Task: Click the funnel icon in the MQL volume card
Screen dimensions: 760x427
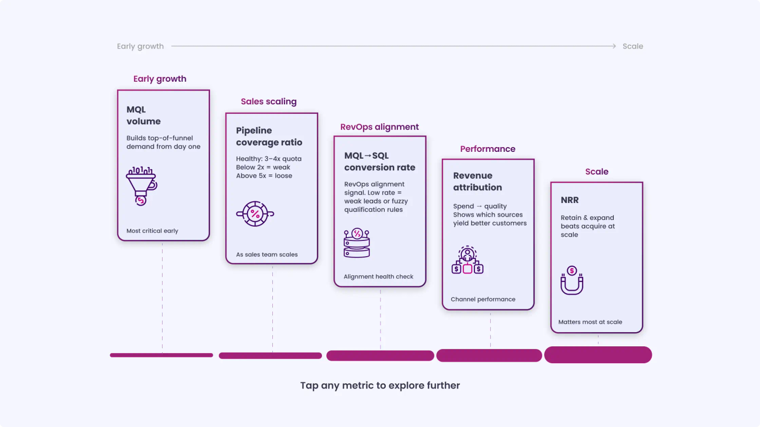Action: [141, 186]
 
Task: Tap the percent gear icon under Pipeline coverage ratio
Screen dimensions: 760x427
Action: [255, 214]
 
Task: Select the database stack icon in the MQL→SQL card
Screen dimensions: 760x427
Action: [357, 242]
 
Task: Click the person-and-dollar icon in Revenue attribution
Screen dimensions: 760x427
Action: [468, 260]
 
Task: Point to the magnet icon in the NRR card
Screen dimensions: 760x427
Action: [572, 280]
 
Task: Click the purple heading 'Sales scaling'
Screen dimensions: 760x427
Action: [269, 101]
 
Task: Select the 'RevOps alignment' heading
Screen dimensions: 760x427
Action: [379, 127]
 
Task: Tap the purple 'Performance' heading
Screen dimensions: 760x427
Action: [488, 149]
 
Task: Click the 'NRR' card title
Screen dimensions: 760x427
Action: [569, 200]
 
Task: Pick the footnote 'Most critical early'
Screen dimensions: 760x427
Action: [153, 231]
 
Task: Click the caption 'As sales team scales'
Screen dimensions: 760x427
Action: [267, 255]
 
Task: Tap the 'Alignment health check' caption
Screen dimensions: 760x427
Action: [378, 277]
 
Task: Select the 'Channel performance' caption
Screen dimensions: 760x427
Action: [483, 299]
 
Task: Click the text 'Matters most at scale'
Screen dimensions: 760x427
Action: [590, 322]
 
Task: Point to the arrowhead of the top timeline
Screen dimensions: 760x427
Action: [615, 46]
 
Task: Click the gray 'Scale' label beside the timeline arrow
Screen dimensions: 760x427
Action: [633, 46]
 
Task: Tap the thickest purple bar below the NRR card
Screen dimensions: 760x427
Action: [598, 355]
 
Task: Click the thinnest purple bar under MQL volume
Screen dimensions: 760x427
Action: [161, 355]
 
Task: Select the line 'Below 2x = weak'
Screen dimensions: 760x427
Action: [263, 167]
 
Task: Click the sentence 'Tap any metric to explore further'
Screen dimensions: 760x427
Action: [380, 386]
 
